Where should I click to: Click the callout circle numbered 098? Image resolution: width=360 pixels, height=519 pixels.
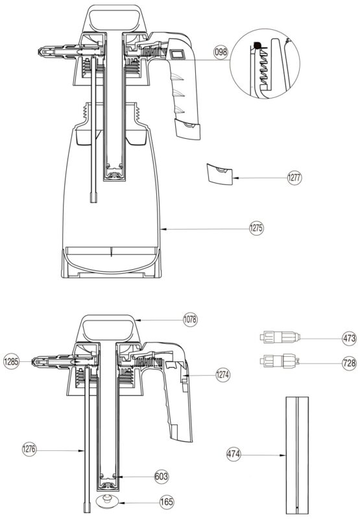click(221, 52)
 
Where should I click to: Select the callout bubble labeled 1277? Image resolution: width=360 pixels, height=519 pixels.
click(294, 178)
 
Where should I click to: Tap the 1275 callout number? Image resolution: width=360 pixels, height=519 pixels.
click(256, 228)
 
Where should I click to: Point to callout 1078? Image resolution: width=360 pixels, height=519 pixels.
click(190, 319)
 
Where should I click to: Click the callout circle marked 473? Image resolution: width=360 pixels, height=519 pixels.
click(349, 338)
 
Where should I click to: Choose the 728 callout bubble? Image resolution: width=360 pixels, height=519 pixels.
click(349, 363)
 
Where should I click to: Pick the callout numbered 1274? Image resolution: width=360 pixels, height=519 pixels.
click(222, 375)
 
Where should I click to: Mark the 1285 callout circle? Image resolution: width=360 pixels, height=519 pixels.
click(11, 361)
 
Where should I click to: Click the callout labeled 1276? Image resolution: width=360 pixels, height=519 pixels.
click(29, 449)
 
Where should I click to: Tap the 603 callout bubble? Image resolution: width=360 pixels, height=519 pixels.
click(162, 476)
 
